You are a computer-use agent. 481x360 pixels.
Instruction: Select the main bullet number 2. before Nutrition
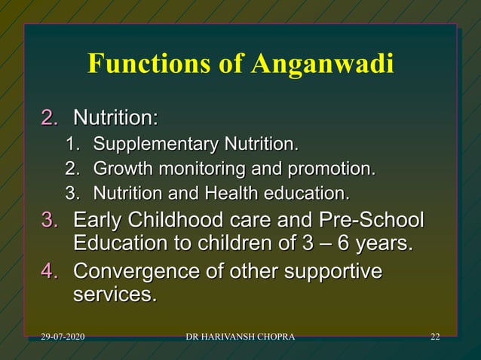point(50,117)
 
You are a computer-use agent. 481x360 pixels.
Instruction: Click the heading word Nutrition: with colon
point(115,117)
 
